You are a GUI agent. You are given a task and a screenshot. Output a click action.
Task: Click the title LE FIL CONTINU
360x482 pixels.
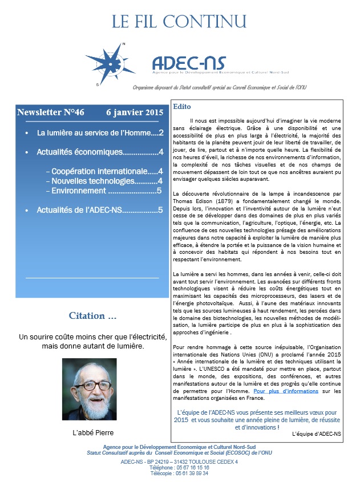pyautogui.click(x=180, y=21)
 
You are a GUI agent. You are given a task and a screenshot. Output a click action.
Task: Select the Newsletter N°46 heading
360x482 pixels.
pyautogui.click(x=51, y=112)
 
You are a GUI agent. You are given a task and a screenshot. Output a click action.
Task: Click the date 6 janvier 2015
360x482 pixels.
pyautogui.click(x=135, y=112)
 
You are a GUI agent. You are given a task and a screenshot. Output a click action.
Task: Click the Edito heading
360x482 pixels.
pyautogui.click(x=183, y=107)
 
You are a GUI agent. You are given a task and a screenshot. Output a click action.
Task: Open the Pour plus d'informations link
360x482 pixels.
pyautogui.click(x=286, y=391)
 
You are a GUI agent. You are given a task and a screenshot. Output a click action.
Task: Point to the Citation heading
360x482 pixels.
pyautogui.click(x=93, y=315)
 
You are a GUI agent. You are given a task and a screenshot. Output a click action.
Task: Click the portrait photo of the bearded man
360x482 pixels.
pyautogui.click(x=94, y=389)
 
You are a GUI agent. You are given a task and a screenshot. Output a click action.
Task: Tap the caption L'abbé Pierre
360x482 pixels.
pyautogui.click(x=94, y=432)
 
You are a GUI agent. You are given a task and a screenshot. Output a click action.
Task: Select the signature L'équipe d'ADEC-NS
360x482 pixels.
pyautogui.click(x=316, y=434)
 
